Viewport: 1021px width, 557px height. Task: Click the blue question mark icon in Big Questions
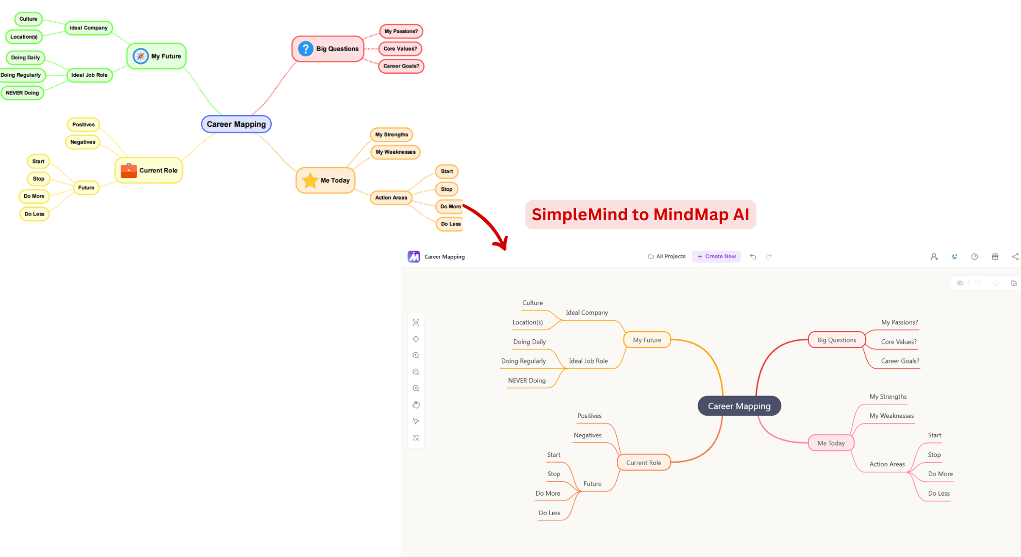tap(306, 49)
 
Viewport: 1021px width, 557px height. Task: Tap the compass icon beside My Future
tap(140, 56)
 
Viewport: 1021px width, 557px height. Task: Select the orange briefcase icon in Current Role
tap(128, 171)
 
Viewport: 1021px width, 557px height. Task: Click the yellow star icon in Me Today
tap(310, 181)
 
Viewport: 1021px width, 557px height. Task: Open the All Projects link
tap(667, 256)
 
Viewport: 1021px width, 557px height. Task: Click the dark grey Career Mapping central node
tap(739, 406)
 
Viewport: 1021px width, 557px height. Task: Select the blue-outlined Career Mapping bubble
tap(236, 124)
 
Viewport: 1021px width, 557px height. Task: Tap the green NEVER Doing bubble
tap(22, 93)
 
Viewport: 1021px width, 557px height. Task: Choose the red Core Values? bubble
tap(400, 48)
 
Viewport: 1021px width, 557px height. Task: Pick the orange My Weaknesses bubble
tap(396, 152)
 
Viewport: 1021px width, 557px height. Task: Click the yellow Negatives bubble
tap(83, 142)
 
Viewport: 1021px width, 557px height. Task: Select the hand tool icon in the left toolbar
tap(416, 405)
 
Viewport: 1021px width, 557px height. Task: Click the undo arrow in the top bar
tap(753, 256)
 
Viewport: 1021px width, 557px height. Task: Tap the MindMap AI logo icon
tap(414, 256)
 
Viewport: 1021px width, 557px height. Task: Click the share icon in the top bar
tap(1015, 256)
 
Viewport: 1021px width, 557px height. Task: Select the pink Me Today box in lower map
tap(831, 443)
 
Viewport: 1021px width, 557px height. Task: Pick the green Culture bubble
tap(28, 19)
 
